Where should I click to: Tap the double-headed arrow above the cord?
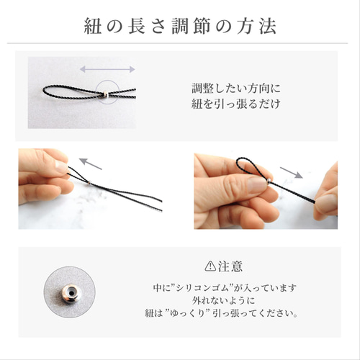(x=107, y=70)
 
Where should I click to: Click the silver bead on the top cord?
(x=105, y=95)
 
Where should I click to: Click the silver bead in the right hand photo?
(x=270, y=181)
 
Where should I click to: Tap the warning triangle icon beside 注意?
(x=210, y=264)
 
